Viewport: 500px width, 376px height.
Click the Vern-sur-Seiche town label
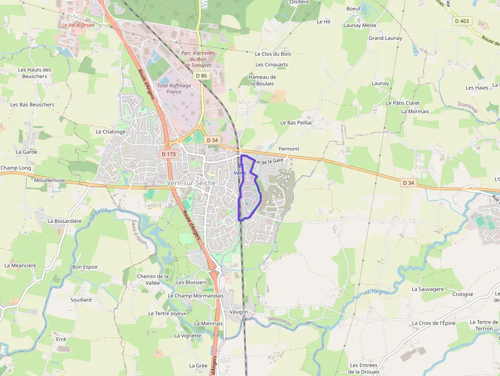pyautogui.click(x=191, y=183)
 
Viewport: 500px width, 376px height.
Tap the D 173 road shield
pyautogui.click(x=168, y=154)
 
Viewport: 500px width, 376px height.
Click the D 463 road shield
pyautogui.click(x=463, y=21)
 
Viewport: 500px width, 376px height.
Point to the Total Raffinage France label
pyautogui.click(x=174, y=88)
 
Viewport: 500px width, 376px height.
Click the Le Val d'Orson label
pyautogui.click(x=78, y=24)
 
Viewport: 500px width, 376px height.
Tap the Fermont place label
pyautogui.click(x=289, y=148)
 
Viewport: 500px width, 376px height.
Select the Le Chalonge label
pyautogui.click(x=110, y=132)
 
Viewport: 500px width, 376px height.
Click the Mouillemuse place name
pyautogui.click(x=49, y=180)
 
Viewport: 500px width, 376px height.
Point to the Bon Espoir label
pyautogui.click(x=85, y=267)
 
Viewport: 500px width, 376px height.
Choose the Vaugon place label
pyautogui.click(x=239, y=312)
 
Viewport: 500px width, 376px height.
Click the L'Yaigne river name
pyautogui.click(x=378, y=292)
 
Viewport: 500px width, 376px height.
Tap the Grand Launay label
pyautogui.click(x=385, y=38)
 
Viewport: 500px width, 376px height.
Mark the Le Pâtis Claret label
pyautogui.click(x=403, y=103)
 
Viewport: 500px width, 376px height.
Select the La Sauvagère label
pyautogui.click(x=428, y=289)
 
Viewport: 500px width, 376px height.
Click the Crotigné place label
pyautogui.click(x=463, y=294)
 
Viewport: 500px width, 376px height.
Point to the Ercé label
pyautogui.click(x=61, y=339)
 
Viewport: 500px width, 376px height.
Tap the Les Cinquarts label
pyautogui.click(x=271, y=65)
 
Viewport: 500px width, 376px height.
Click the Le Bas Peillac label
pyautogui.click(x=296, y=123)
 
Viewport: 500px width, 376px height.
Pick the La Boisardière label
pyautogui.click(x=64, y=221)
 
